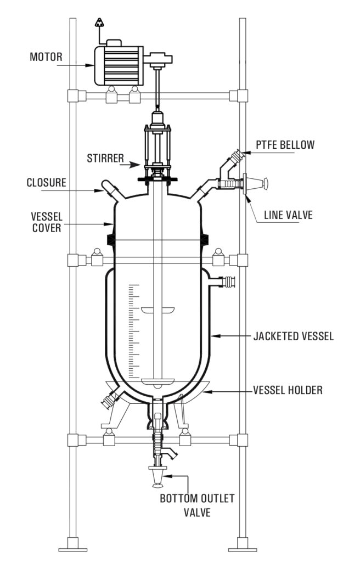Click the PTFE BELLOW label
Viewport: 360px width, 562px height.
click(286, 145)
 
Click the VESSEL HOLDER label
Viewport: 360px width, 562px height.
click(288, 390)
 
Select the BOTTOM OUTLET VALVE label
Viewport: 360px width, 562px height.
click(196, 505)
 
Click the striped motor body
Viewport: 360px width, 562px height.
click(118, 65)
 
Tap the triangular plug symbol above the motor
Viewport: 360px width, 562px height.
click(99, 23)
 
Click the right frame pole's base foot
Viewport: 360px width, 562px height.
click(243, 547)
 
